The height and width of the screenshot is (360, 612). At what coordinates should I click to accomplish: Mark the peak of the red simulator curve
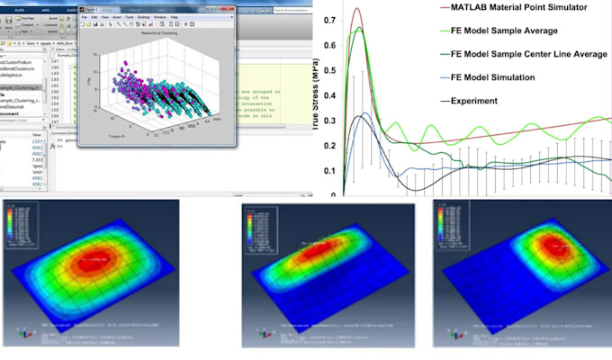(x=357, y=10)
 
